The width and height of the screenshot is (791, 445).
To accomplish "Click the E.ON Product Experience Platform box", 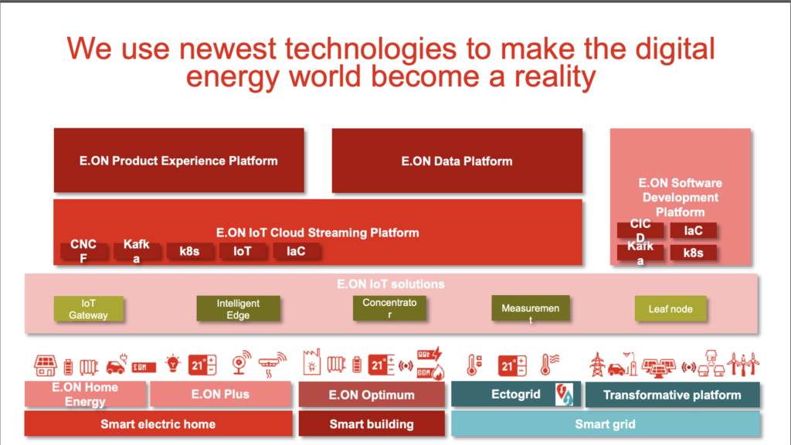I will point(178,161).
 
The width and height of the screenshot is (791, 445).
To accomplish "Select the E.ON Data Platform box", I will point(457,161).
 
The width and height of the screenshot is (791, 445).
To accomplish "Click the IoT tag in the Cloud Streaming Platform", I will point(243,251).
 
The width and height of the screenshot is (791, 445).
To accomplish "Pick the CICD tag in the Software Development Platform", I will point(640,229).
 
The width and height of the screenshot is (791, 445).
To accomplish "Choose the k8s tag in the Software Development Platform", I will point(693,253).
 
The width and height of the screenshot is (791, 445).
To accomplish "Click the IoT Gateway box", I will point(89,309).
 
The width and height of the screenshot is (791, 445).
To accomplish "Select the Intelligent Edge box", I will point(238,309).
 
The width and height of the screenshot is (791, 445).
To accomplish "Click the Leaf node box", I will point(670,309).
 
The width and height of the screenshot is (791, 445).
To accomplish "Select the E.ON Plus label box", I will point(220,395).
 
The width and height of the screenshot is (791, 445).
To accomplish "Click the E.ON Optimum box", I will point(372,396).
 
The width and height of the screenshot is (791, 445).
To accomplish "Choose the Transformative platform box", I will point(672,396).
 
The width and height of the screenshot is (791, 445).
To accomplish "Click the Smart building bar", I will point(372,424).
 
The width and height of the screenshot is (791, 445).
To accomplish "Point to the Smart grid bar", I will point(606,424).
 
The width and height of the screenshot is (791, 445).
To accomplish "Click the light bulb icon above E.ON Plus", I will point(174,364).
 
